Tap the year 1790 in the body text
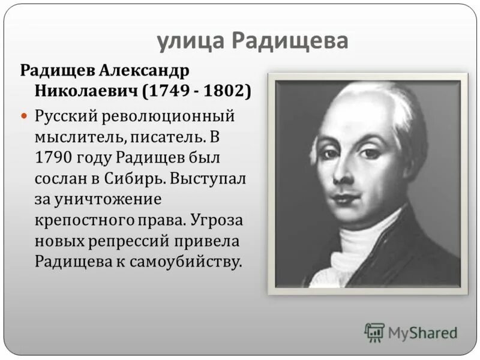(55, 157)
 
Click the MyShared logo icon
(374, 332)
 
